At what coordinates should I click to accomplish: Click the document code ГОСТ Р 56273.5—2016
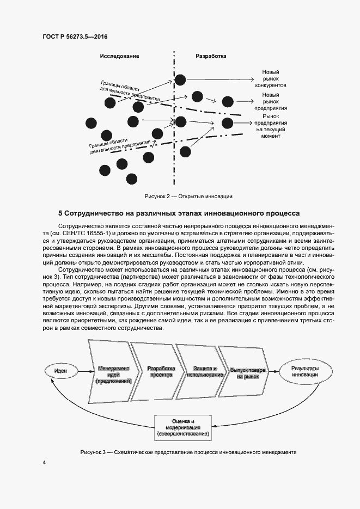[75, 36]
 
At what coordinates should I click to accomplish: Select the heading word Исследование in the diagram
[119, 56]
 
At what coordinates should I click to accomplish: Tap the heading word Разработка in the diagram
[211, 56]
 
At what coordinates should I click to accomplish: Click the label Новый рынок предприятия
[270, 101]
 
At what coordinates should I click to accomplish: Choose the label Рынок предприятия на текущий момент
[270, 126]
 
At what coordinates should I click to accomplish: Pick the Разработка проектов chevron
[160, 372]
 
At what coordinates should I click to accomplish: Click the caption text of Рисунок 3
[188, 452]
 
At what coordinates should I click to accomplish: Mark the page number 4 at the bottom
[44, 463]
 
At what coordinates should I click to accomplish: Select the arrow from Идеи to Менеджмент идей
[83, 371]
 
